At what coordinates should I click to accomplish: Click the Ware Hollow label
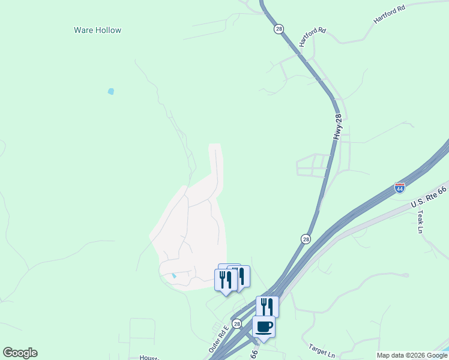click(x=97, y=30)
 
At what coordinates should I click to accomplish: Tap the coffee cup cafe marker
click(x=264, y=327)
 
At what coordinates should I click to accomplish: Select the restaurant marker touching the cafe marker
click(x=267, y=306)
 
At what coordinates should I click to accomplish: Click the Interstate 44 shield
click(x=400, y=188)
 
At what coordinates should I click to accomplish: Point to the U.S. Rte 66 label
click(x=429, y=197)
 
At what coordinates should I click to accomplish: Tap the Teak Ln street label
click(x=421, y=221)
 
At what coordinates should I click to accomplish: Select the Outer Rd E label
click(x=219, y=339)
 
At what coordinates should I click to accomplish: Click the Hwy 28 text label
click(x=339, y=127)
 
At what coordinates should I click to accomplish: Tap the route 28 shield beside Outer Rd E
click(x=237, y=324)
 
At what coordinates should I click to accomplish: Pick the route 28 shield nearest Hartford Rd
click(x=279, y=29)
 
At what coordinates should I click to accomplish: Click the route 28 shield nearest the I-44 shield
click(x=306, y=239)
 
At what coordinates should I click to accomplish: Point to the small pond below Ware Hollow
click(x=110, y=91)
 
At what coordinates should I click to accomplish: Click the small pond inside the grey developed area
click(x=174, y=276)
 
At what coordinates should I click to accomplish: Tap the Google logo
click(x=20, y=353)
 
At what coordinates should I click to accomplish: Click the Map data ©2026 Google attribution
click(x=412, y=355)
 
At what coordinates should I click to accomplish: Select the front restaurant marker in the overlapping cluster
click(x=225, y=281)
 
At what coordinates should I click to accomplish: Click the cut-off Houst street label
click(x=148, y=358)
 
